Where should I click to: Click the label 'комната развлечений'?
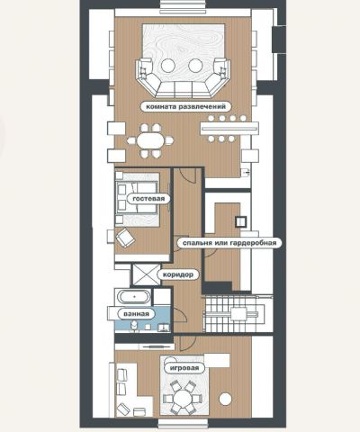coord(186,106)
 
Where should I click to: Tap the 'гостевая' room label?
coord(148,199)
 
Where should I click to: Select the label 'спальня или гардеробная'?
coord(229,243)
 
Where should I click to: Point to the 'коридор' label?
coord(178,274)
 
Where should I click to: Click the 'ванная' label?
coord(136,314)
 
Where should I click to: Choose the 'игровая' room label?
coord(184,368)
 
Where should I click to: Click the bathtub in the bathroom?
coord(134,297)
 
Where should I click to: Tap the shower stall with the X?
coord(146,274)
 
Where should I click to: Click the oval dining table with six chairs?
coord(150,140)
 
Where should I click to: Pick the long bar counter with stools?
coord(229,129)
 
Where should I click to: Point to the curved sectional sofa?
coord(183,79)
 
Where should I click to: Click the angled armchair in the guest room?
coord(125,238)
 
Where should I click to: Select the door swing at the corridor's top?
coord(188,175)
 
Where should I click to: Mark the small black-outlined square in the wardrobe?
coord(240,221)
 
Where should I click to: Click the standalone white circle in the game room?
coord(225,399)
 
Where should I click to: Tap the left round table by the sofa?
coord(168,65)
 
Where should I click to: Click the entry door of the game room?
coord(187,344)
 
